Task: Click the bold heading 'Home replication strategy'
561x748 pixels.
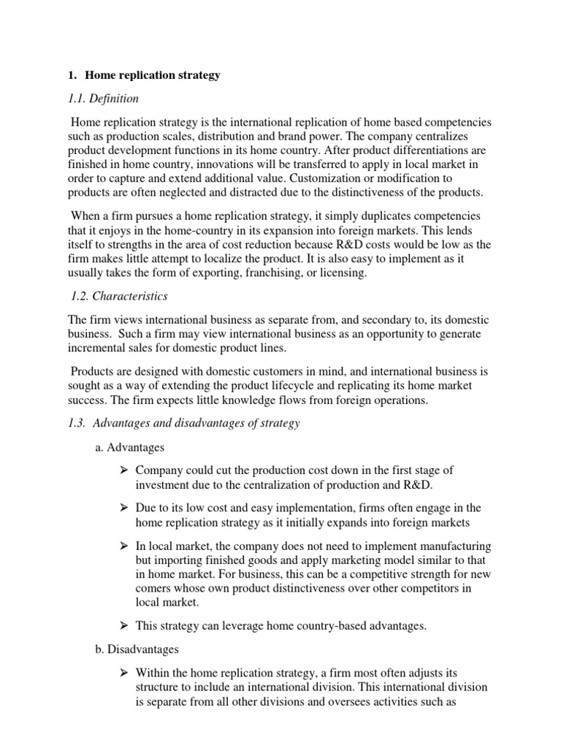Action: click(153, 75)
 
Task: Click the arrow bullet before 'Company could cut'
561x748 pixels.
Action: click(125, 471)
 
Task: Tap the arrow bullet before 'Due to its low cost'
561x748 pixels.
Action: click(125, 508)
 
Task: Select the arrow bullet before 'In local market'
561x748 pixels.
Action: click(125, 546)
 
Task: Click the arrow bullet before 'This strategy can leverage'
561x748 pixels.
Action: click(125, 625)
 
